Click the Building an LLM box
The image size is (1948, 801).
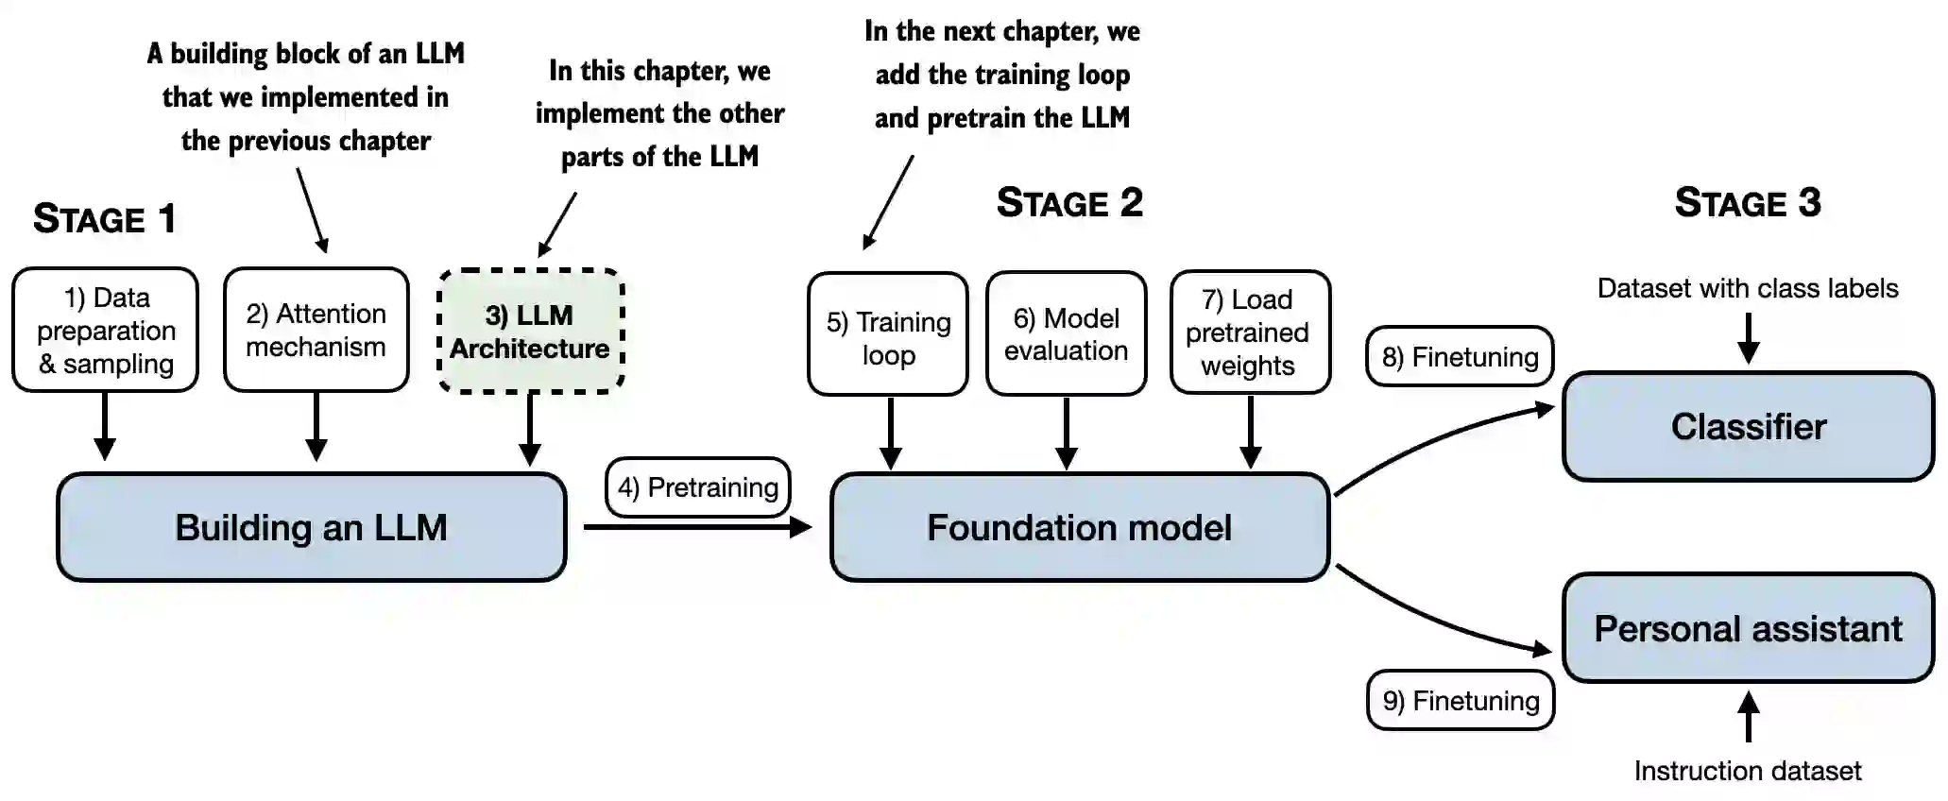(312, 527)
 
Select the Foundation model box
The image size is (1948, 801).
(1080, 527)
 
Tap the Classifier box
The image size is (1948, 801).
(1748, 426)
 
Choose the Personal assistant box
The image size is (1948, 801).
(1748, 628)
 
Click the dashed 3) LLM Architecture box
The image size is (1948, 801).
(530, 332)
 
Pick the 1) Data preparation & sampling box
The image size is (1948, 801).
(106, 331)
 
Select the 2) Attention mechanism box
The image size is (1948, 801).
(316, 331)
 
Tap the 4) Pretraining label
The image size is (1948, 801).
(698, 487)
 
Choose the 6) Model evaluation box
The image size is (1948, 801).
(1067, 334)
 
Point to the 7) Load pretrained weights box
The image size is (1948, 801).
(1250, 332)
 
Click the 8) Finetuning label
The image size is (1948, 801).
(1460, 357)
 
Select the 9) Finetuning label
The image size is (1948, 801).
(1461, 701)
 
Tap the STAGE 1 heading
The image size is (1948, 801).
(105, 219)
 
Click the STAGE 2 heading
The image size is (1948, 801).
(1069, 203)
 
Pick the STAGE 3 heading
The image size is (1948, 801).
(1748, 203)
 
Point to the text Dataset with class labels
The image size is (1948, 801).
(1748, 288)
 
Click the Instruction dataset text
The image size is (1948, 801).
(1748, 771)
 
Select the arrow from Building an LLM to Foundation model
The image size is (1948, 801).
(697, 527)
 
